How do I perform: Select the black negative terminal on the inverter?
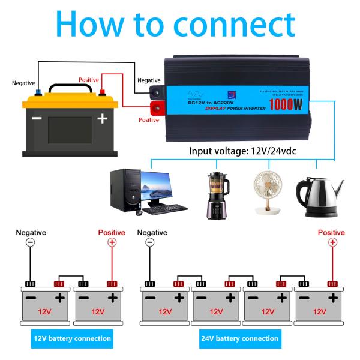(x=157, y=92)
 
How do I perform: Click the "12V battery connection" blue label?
(x=72, y=338)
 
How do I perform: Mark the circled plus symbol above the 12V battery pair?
(x=111, y=242)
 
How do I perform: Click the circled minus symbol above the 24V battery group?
(x=149, y=242)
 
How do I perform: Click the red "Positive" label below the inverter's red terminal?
(x=149, y=120)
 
